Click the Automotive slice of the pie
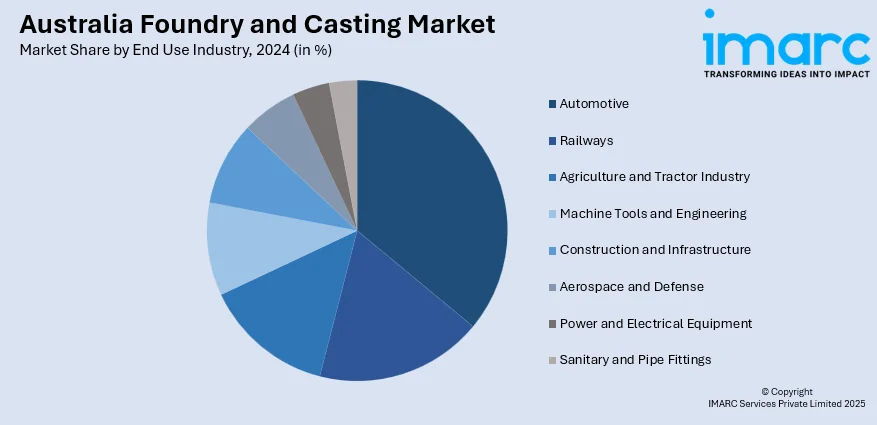(x=430, y=190)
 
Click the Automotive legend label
(x=594, y=104)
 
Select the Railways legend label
(x=587, y=140)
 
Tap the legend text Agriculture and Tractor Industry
(x=654, y=177)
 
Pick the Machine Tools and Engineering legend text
(x=653, y=213)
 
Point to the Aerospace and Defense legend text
(x=631, y=287)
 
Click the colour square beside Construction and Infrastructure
(x=552, y=250)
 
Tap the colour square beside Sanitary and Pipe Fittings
(x=552, y=360)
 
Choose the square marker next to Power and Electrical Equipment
(x=552, y=324)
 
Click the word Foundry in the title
(x=172, y=25)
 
